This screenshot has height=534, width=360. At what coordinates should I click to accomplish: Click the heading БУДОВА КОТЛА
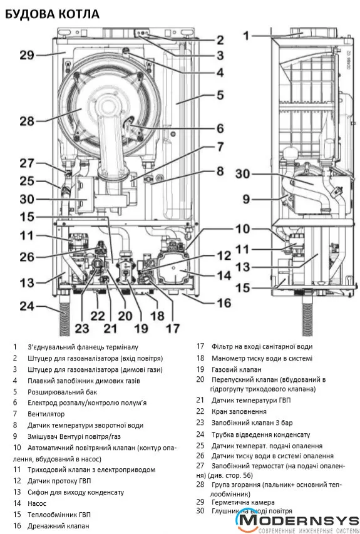[x=52, y=14]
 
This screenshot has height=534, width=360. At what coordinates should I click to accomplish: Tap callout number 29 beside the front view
[x=27, y=55]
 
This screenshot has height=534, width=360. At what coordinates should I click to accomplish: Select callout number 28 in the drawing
[x=27, y=121]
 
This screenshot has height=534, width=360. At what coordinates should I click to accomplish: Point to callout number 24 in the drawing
[x=27, y=306]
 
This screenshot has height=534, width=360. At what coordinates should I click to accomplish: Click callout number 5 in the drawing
[x=220, y=95]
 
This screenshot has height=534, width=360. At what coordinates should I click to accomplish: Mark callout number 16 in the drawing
[x=224, y=303]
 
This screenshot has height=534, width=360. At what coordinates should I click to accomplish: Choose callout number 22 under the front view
[x=98, y=316]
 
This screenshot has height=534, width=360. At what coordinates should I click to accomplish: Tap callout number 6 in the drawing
[x=220, y=128]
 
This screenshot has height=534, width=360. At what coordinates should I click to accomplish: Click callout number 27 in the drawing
[x=27, y=163]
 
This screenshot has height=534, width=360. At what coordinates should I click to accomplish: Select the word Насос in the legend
[x=37, y=503]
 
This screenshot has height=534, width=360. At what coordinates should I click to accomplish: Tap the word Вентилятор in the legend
[x=46, y=414]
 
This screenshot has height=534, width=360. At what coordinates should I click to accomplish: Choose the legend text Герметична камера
[x=243, y=502]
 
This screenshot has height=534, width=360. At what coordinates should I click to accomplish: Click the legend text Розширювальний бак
[x=63, y=392]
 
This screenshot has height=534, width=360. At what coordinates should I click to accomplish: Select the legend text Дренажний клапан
[x=59, y=526]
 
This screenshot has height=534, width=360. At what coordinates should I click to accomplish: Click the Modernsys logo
[x=297, y=521]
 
